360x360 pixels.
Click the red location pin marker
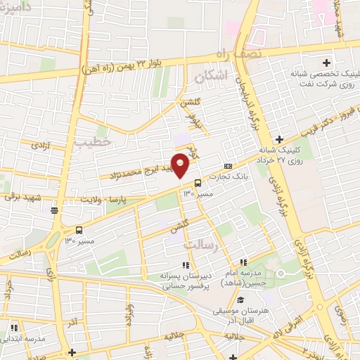tap(181, 164)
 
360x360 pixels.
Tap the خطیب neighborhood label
tap(94, 143)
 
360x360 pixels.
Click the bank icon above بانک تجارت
tap(227, 165)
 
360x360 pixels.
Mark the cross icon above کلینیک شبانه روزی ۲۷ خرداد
tap(280, 139)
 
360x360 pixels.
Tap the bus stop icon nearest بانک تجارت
tap(197, 181)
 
